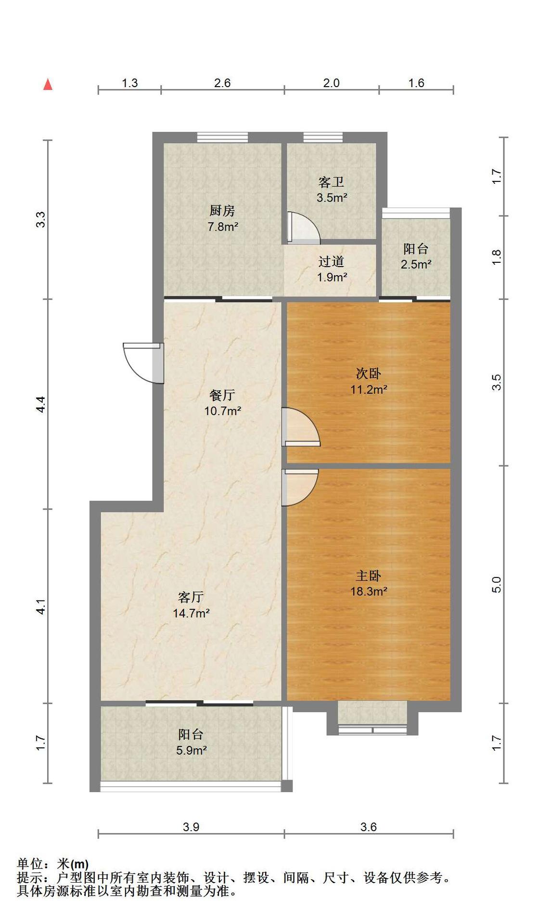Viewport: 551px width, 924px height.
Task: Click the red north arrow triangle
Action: click(x=48, y=84)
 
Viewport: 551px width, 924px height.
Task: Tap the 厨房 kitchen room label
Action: click(x=222, y=210)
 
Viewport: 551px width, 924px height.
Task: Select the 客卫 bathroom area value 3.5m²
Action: click(x=332, y=197)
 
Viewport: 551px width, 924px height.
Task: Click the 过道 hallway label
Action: click(x=332, y=261)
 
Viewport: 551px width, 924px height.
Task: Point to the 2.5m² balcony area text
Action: click(x=416, y=264)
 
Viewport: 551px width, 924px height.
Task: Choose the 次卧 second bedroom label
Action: click(x=369, y=373)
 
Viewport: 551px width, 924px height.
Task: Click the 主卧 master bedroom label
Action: click(x=369, y=576)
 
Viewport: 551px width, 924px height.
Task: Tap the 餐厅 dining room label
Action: click(x=222, y=395)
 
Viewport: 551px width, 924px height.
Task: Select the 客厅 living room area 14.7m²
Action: click(x=192, y=613)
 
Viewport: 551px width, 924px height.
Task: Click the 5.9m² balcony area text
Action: click(x=192, y=750)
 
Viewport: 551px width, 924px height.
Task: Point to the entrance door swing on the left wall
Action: click(x=143, y=363)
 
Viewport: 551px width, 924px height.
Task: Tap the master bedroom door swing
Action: click(x=300, y=488)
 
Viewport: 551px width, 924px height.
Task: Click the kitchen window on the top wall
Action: click(x=223, y=137)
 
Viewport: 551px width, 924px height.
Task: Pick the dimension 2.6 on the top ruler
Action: click(x=222, y=83)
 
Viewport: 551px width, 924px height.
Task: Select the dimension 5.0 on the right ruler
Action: click(x=497, y=584)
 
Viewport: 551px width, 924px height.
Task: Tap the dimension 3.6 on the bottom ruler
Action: click(x=369, y=827)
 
